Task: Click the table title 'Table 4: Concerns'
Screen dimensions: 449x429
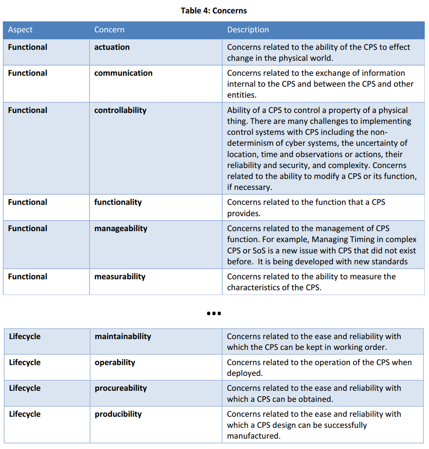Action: pyautogui.click(x=214, y=11)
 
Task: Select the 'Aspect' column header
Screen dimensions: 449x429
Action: pyautogui.click(x=20, y=30)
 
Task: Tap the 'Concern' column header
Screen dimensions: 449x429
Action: pyautogui.click(x=109, y=30)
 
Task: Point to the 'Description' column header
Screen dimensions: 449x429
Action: pyautogui.click(x=248, y=30)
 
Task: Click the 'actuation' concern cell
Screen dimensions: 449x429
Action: pyautogui.click(x=112, y=47)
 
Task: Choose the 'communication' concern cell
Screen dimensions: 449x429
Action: pyautogui.click(x=123, y=73)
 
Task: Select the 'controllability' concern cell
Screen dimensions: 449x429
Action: pyautogui.click(x=120, y=110)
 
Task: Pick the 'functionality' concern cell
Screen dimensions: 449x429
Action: pyautogui.click(x=118, y=202)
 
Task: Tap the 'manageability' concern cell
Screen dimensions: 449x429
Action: pyautogui.click(x=121, y=229)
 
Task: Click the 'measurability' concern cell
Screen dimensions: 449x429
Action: pyautogui.click(x=120, y=277)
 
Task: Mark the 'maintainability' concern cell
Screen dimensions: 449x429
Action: pyautogui.click(x=123, y=336)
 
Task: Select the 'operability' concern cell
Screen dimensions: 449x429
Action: pyautogui.click(x=115, y=362)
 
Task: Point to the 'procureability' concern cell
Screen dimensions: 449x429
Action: pyautogui.click(x=121, y=388)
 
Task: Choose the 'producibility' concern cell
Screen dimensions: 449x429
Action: pyautogui.click(x=118, y=414)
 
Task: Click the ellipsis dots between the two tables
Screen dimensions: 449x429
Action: pyautogui.click(x=214, y=313)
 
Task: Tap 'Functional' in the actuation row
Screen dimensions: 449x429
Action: pyautogui.click(x=28, y=47)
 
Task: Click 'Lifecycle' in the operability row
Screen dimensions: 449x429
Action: pyautogui.click(x=25, y=362)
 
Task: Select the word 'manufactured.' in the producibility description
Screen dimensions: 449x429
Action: pyautogui.click(x=254, y=436)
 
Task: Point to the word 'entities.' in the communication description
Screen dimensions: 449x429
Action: pyautogui.click(x=242, y=95)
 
